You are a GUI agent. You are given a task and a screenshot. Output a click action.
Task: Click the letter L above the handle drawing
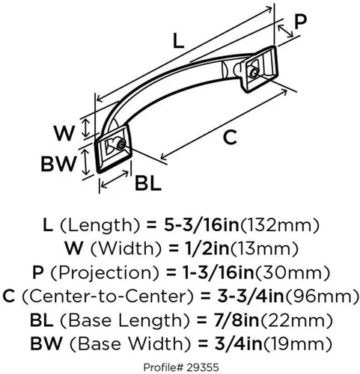178,40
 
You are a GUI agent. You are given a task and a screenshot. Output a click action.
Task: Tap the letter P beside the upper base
300,22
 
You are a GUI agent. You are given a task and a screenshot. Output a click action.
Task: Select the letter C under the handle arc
230,138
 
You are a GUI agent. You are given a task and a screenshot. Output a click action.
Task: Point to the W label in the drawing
64,133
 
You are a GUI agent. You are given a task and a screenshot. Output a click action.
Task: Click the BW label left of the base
58,164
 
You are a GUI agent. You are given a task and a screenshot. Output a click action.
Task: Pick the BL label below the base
148,183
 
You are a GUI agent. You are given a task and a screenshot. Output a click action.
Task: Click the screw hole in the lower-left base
122,145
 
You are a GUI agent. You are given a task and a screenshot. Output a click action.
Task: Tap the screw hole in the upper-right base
254,73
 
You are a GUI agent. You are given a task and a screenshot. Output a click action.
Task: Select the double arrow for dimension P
286,31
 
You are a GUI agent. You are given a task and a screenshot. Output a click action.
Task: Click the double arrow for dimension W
86,128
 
